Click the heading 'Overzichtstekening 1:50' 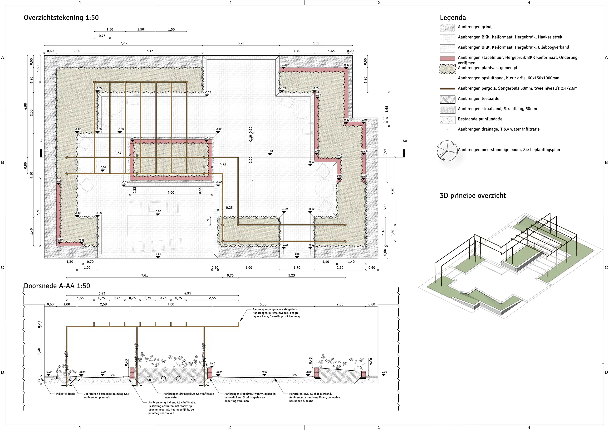click(x=61, y=18)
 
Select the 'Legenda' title click(x=452, y=18)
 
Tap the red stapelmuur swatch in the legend click(x=447, y=58)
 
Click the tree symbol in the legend click(x=447, y=151)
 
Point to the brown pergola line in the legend click(x=447, y=88)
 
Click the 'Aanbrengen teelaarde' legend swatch click(x=447, y=99)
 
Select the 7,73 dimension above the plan click(x=123, y=43)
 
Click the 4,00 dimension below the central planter click(x=171, y=193)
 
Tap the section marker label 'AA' click(x=404, y=141)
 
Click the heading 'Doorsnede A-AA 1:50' click(x=57, y=286)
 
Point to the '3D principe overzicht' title click(x=473, y=196)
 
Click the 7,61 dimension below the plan click(x=145, y=275)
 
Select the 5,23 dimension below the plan click(x=291, y=275)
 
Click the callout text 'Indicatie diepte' click(x=65, y=394)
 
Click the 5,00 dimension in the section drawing click(x=263, y=304)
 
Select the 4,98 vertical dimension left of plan click(x=25, y=106)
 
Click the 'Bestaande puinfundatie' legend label click(x=480, y=119)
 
